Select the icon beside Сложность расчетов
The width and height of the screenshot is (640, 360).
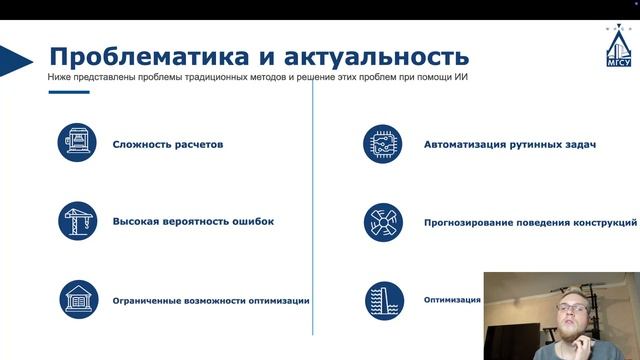pos(77,144)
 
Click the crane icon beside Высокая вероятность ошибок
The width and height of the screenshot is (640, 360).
pos(77,222)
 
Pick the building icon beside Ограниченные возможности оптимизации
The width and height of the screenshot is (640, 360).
pos(77,299)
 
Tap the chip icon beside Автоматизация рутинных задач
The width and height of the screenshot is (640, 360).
pos(383,144)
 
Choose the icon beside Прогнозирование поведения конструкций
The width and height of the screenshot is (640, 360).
pos(383,222)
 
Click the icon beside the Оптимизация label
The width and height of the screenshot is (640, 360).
pos(383,299)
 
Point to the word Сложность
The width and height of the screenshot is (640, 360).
pos(144,144)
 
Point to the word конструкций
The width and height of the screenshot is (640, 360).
pos(603,222)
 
